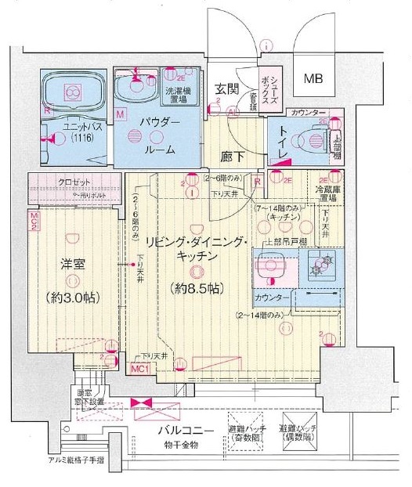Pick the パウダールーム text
(161, 136)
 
